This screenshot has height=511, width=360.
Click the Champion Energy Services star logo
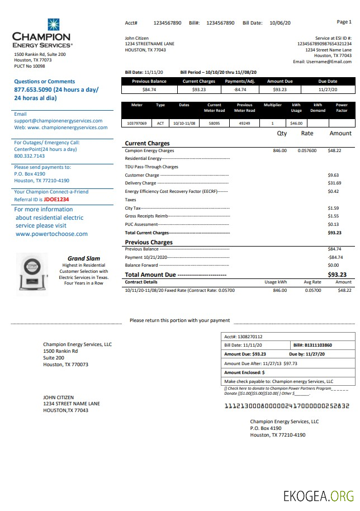click(x=54, y=25)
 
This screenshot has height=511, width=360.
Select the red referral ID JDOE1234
click(x=56, y=199)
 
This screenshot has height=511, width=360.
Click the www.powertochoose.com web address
click(x=51, y=234)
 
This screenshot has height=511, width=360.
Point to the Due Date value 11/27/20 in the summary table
click(x=328, y=89)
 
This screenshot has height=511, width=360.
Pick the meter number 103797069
click(x=137, y=123)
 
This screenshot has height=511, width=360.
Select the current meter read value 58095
click(x=214, y=123)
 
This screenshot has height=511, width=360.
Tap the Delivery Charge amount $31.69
click(x=334, y=183)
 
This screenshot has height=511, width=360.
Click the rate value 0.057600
click(x=307, y=150)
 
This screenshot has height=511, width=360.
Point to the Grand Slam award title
click(x=84, y=258)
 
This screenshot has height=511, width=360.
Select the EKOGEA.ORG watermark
click(x=319, y=495)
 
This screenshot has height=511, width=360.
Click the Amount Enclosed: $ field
click(x=244, y=372)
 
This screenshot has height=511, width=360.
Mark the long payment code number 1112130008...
click(x=286, y=405)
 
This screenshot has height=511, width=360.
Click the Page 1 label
click(x=344, y=22)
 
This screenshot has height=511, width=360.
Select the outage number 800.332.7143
click(x=30, y=156)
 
